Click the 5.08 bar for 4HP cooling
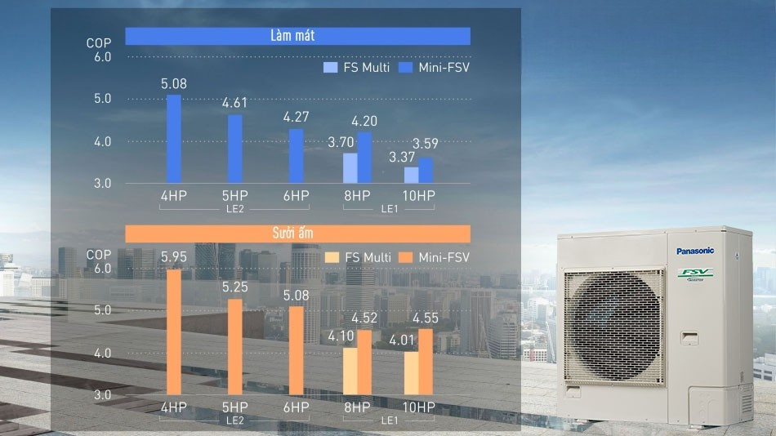click(173, 139)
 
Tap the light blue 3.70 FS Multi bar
click(350, 167)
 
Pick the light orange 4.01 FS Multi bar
click(410, 373)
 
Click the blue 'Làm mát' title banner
click(297, 36)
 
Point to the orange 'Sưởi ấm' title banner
click(297, 234)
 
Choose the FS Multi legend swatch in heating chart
click(332, 258)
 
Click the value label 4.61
click(234, 103)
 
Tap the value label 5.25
click(234, 287)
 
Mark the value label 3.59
click(426, 144)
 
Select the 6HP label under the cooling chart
click(296, 196)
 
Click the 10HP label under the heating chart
click(419, 407)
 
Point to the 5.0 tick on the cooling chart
click(103, 99)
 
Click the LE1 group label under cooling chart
click(390, 209)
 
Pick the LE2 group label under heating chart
click(235, 420)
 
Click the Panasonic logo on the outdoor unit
click(694, 251)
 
